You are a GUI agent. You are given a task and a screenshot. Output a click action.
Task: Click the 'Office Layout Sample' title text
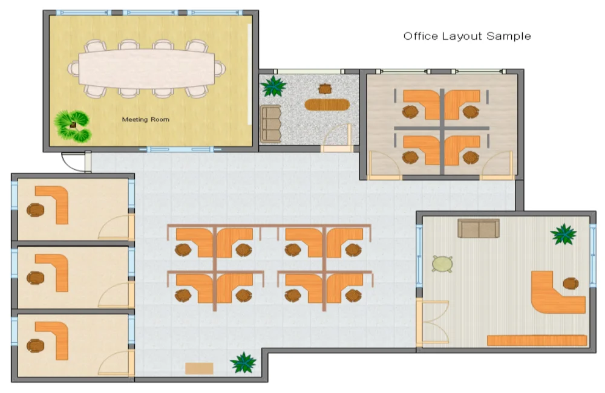point(467,36)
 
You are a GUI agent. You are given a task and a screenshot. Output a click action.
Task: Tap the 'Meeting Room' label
point(146,119)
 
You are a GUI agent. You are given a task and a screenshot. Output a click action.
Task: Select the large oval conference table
point(146,69)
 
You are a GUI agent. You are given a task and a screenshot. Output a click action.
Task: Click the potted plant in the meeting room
point(72,126)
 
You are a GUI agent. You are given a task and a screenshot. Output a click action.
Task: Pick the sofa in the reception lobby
point(271,123)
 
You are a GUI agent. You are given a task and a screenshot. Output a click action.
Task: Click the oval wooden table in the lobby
point(327,105)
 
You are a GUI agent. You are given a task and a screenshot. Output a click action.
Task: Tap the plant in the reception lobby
point(273,86)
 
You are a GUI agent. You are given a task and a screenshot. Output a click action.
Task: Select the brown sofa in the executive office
point(478,228)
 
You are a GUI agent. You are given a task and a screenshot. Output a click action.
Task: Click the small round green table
point(443,264)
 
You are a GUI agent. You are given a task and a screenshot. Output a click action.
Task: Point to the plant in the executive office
point(563,234)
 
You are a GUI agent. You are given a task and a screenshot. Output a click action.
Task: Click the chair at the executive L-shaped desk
point(571,283)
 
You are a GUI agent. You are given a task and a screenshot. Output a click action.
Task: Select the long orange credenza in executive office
point(537,340)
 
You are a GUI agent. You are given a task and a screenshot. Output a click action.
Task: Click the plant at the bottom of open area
point(243,362)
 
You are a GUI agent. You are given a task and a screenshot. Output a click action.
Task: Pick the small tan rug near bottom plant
point(199,368)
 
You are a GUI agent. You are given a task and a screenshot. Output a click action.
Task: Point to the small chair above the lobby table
point(325,89)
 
